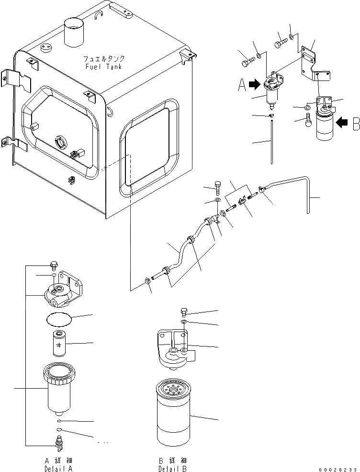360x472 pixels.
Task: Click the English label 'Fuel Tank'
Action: click(103, 67)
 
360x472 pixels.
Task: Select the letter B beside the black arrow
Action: click(355, 124)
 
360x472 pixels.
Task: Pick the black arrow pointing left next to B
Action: click(341, 122)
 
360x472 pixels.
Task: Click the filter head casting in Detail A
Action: click(61, 294)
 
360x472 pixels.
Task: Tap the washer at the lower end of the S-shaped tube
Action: click(148, 281)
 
